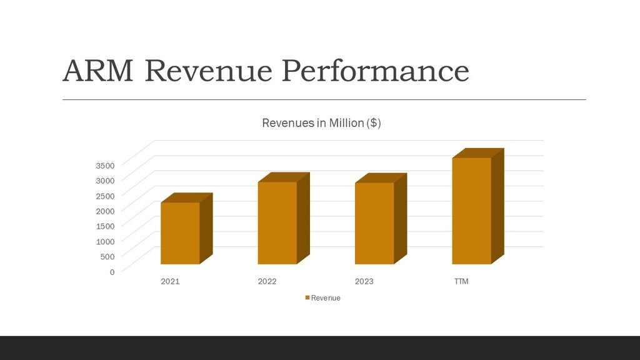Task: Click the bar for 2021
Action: click(180, 233)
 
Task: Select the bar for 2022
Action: click(277, 223)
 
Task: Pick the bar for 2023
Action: click(374, 223)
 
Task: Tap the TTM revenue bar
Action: click(471, 211)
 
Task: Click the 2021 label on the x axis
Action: click(170, 282)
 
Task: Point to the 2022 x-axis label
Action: click(267, 282)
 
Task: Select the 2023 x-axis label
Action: click(364, 282)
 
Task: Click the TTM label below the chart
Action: click(461, 282)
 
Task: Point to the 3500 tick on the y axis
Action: click(105, 166)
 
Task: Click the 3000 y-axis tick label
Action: click(105, 181)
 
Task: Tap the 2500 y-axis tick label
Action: click(105, 196)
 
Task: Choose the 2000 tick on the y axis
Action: click(105, 211)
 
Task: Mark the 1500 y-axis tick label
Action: click(105, 226)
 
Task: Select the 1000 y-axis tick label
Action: click(105, 241)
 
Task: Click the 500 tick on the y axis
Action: click(107, 256)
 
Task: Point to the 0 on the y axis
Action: click(112, 272)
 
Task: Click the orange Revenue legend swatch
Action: click(307, 298)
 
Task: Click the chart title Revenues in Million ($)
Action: click(321, 123)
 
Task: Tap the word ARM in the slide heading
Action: click(98, 71)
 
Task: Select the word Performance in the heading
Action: click(375, 71)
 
